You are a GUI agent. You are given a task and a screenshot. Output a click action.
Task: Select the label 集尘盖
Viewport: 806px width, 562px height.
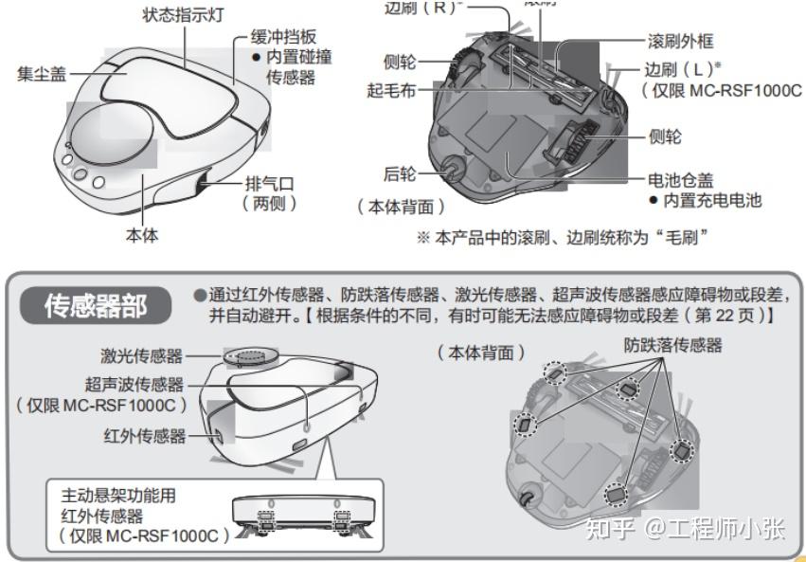42,74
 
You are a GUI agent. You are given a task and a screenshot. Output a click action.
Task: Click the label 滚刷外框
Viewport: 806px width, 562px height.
679,42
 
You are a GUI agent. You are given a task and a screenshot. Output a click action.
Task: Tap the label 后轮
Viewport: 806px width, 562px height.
401,173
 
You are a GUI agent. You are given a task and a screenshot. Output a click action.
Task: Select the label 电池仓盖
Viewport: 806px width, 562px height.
679,180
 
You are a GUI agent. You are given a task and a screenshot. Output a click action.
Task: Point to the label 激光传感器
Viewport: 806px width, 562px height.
142,356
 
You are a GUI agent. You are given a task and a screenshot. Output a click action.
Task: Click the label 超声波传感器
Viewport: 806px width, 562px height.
134,384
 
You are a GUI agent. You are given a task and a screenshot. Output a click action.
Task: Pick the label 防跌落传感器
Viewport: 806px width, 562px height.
672,345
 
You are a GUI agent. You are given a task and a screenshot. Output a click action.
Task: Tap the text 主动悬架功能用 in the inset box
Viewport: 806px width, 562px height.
118,495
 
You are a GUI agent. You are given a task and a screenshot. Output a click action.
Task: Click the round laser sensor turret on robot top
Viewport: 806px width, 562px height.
254,354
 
